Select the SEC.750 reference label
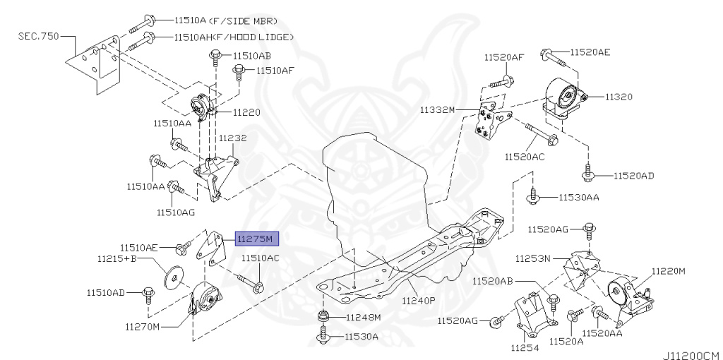tap(39, 35)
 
